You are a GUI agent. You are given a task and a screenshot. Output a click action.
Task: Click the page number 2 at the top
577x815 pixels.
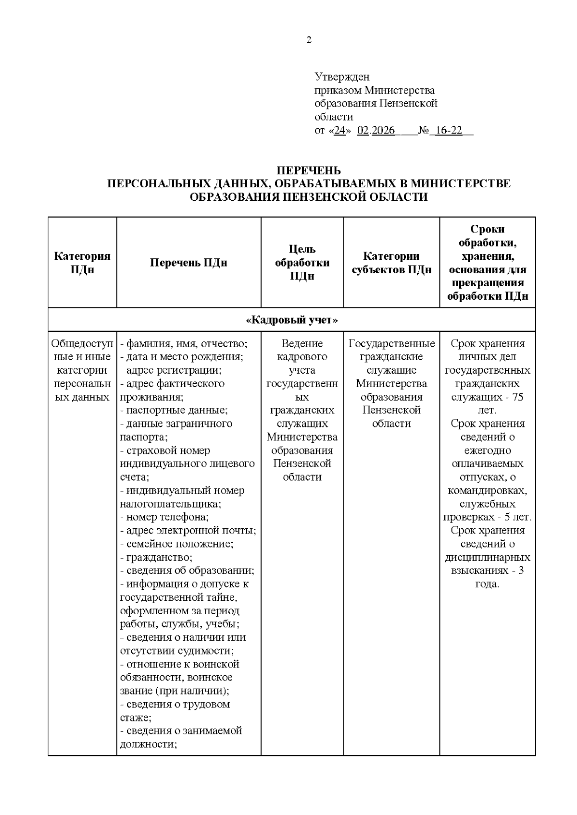[x=309, y=40]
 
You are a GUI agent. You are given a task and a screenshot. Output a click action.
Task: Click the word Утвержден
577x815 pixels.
[x=342, y=77]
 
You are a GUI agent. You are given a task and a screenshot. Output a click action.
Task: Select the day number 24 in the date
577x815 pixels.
[x=340, y=131]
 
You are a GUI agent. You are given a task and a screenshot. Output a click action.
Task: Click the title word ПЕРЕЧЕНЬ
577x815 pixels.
[x=309, y=170]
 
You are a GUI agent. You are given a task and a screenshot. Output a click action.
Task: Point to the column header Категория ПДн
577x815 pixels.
[x=82, y=263]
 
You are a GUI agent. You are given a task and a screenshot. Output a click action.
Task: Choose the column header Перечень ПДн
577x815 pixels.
[x=188, y=263]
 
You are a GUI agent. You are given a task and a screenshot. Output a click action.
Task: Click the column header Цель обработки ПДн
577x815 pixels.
[x=302, y=263]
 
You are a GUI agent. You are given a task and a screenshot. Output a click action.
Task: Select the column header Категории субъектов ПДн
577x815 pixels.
[x=391, y=263]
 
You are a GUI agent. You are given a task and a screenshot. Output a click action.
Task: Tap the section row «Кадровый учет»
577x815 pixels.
[x=292, y=320]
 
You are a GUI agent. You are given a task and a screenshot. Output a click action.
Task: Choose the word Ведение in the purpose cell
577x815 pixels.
[x=302, y=344]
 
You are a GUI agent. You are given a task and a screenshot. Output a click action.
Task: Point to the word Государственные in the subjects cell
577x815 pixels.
[x=391, y=344]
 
